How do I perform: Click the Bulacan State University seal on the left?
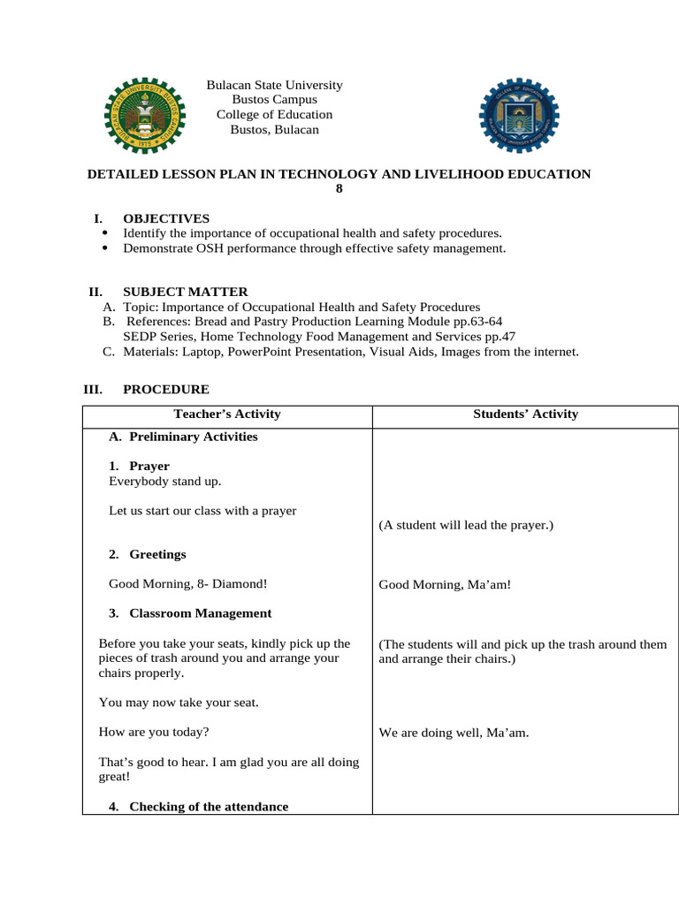[141, 114]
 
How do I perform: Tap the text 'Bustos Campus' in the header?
[274, 100]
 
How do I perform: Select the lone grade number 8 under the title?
[339, 188]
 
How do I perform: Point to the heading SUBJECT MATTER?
[185, 292]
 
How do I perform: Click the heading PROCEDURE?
[166, 389]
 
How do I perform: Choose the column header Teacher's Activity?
[227, 414]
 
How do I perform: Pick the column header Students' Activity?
[525, 414]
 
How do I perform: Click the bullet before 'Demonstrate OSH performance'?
[105, 248]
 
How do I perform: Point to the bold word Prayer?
[149, 466]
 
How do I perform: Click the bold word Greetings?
[157, 554]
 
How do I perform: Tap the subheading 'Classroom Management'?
[200, 613]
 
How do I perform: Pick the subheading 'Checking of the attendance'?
[208, 806]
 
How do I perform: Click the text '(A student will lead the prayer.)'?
[465, 525]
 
